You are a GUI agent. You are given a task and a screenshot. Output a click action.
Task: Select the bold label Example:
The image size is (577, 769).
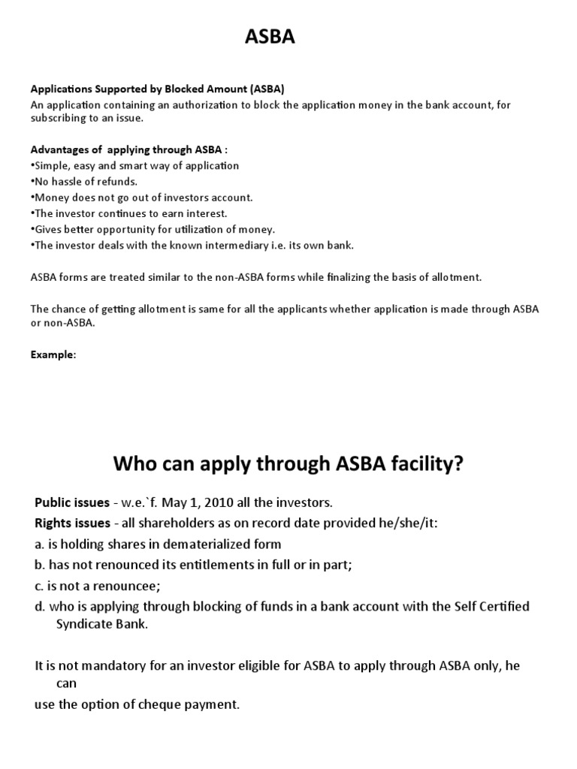(x=53, y=354)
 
